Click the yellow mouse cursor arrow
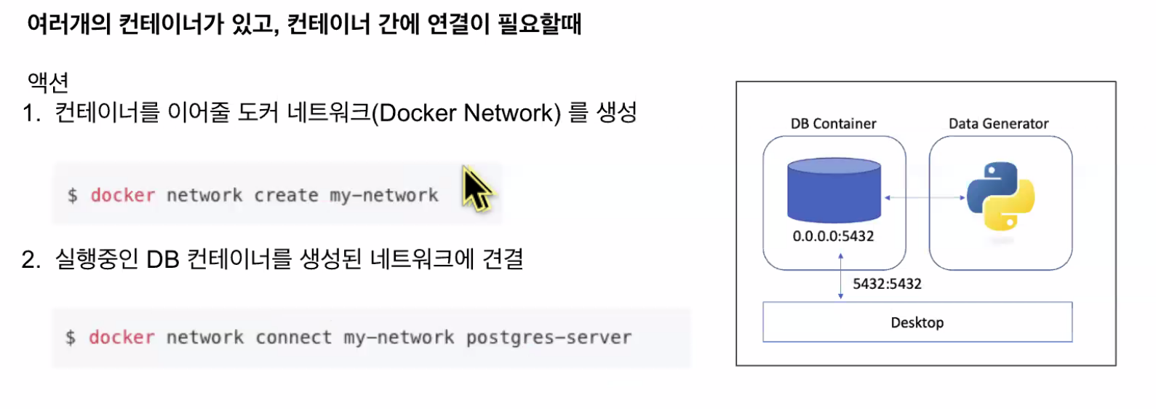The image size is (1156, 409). tap(476, 188)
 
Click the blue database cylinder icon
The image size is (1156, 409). tap(834, 190)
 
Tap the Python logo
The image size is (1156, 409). tap(1000, 196)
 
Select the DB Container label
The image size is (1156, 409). tap(833, 124)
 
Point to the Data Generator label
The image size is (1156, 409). tap(998, 124)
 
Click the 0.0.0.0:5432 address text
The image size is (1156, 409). tap(833, 236)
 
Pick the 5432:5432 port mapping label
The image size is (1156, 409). tap(887, 284)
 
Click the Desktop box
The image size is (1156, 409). tap(917, 322)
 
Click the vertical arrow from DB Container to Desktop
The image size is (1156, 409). tap(840, 277)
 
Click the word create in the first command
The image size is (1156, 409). tap(286, 195)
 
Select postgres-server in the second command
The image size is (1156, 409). tap(549, 338)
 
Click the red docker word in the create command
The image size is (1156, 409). tap(122, 195)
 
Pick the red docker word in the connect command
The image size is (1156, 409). tap(121, 338)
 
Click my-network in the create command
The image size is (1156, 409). tap(383, 195)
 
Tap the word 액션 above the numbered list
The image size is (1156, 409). tap(48, 82)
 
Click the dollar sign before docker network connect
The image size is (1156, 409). tap(71, 338)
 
